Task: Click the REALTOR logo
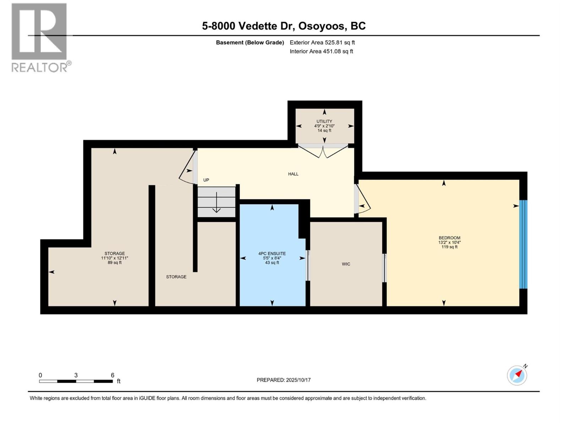coord(40,37)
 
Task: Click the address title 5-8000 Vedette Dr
coord(283,26)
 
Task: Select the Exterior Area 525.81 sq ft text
coord(322,43)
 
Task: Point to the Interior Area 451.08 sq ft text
coord(321,51)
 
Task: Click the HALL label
coord(293,174)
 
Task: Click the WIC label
coord(346,264)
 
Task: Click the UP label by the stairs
coord(206,180)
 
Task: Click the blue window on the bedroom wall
coord(523,244)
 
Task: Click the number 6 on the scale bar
coord(113,375)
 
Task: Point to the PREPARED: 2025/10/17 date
coord(283,380)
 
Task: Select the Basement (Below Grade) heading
coord(250,43)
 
